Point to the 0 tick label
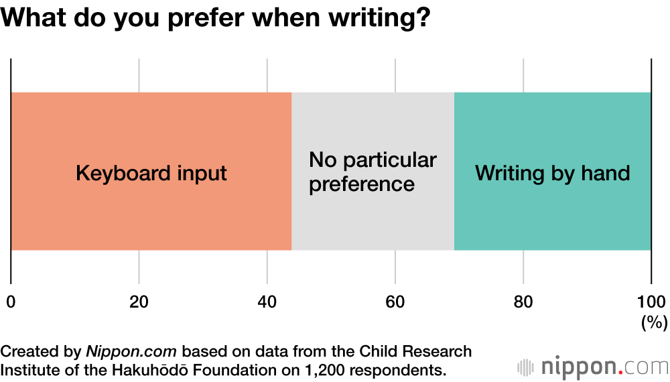(x=11, y=302)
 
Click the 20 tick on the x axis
(x=139, y=302)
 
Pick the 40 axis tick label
(x=267, y=302)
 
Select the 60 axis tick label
(x=395, y=302)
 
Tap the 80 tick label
(x=523, y=302)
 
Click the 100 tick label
(x=651, y=302)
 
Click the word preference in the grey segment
(x=362, y=184)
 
